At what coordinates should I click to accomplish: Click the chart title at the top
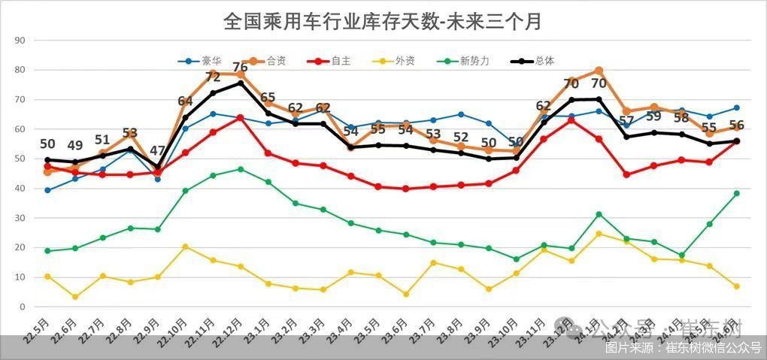coord(383,21)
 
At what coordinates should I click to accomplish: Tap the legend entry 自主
coord(341,61)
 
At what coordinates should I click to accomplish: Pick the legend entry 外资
coord(404,61)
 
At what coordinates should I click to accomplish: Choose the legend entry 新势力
coord(474,61)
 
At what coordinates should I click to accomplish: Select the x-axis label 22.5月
coord(36,331)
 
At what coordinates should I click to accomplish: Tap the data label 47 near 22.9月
coord(158,150)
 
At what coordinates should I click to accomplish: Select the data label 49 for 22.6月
coord(75,145)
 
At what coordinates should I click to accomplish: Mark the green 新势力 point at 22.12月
coord(241,169)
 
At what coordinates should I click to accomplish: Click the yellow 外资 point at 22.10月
coord(185,247)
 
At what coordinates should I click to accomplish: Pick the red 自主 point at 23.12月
coord(571,120)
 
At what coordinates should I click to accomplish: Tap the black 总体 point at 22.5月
coord(47,160)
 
